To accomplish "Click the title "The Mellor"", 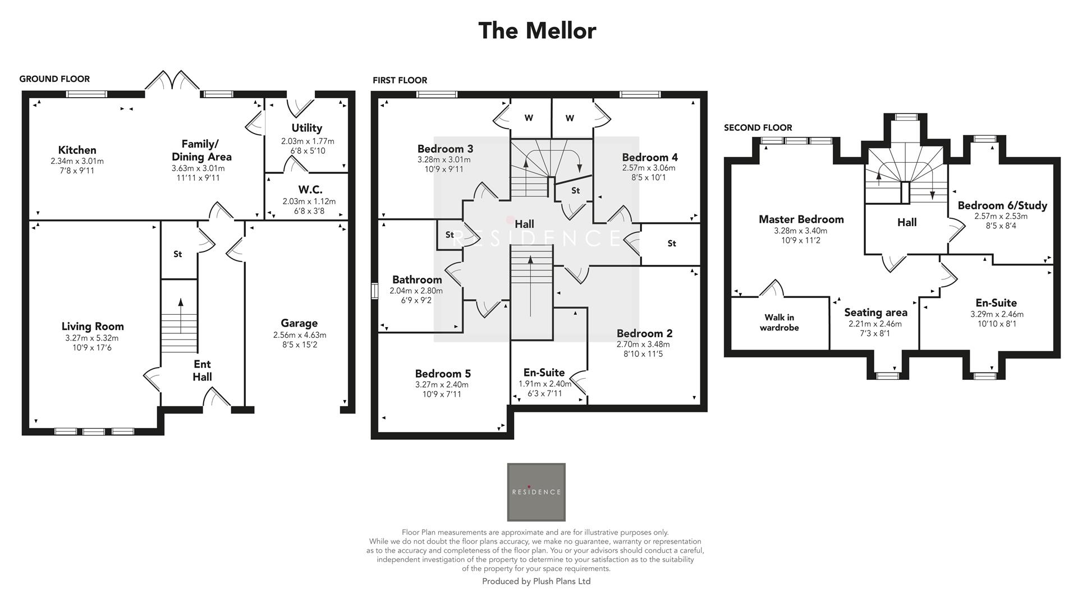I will click(536, 31).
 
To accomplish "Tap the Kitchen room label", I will click(77, 150).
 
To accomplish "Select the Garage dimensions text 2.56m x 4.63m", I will click(300, 335).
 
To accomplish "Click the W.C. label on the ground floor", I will click(310, 190).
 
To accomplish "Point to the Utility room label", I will click(306, 128).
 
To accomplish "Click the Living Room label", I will click(93, 327).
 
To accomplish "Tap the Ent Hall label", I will click(202, 370).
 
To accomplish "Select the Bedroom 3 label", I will click(445, 149).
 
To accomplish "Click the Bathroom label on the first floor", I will click(417, 279).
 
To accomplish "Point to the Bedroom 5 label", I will click(443, 374).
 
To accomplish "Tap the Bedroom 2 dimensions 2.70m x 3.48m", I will click(643, 344).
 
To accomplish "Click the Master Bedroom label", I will click(801, 219).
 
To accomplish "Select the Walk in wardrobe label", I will click(779, 323).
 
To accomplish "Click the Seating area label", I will click(875, 313).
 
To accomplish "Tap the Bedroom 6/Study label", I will click(1002, 205).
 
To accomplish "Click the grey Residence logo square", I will click(536, 492).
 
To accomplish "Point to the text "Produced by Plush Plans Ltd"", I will click(536, 581).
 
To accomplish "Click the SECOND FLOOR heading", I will click(758, 127).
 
